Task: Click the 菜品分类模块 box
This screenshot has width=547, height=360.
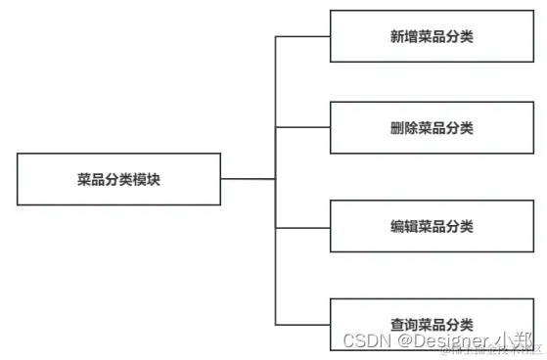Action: (x=118, y=179)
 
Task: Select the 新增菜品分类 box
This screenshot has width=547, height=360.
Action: (x=432, y=36)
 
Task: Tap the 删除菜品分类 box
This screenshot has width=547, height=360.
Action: (x=432, y=128)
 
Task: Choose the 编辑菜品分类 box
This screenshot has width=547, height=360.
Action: (x=432, y=227)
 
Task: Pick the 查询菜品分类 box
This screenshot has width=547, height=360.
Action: (x=432, y=324)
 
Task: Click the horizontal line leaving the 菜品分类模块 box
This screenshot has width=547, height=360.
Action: (x=248, y=179)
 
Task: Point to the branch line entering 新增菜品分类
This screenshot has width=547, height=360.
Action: (x=302, y=36)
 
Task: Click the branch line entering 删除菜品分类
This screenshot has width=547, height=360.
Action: (x=302, y=128)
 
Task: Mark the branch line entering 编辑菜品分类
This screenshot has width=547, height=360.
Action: (x=302, y=227)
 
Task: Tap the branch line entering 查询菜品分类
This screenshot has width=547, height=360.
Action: (x=302, y=324)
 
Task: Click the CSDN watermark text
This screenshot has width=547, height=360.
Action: (x=364, y=340)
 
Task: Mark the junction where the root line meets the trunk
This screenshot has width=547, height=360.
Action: (x=276, y=179)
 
